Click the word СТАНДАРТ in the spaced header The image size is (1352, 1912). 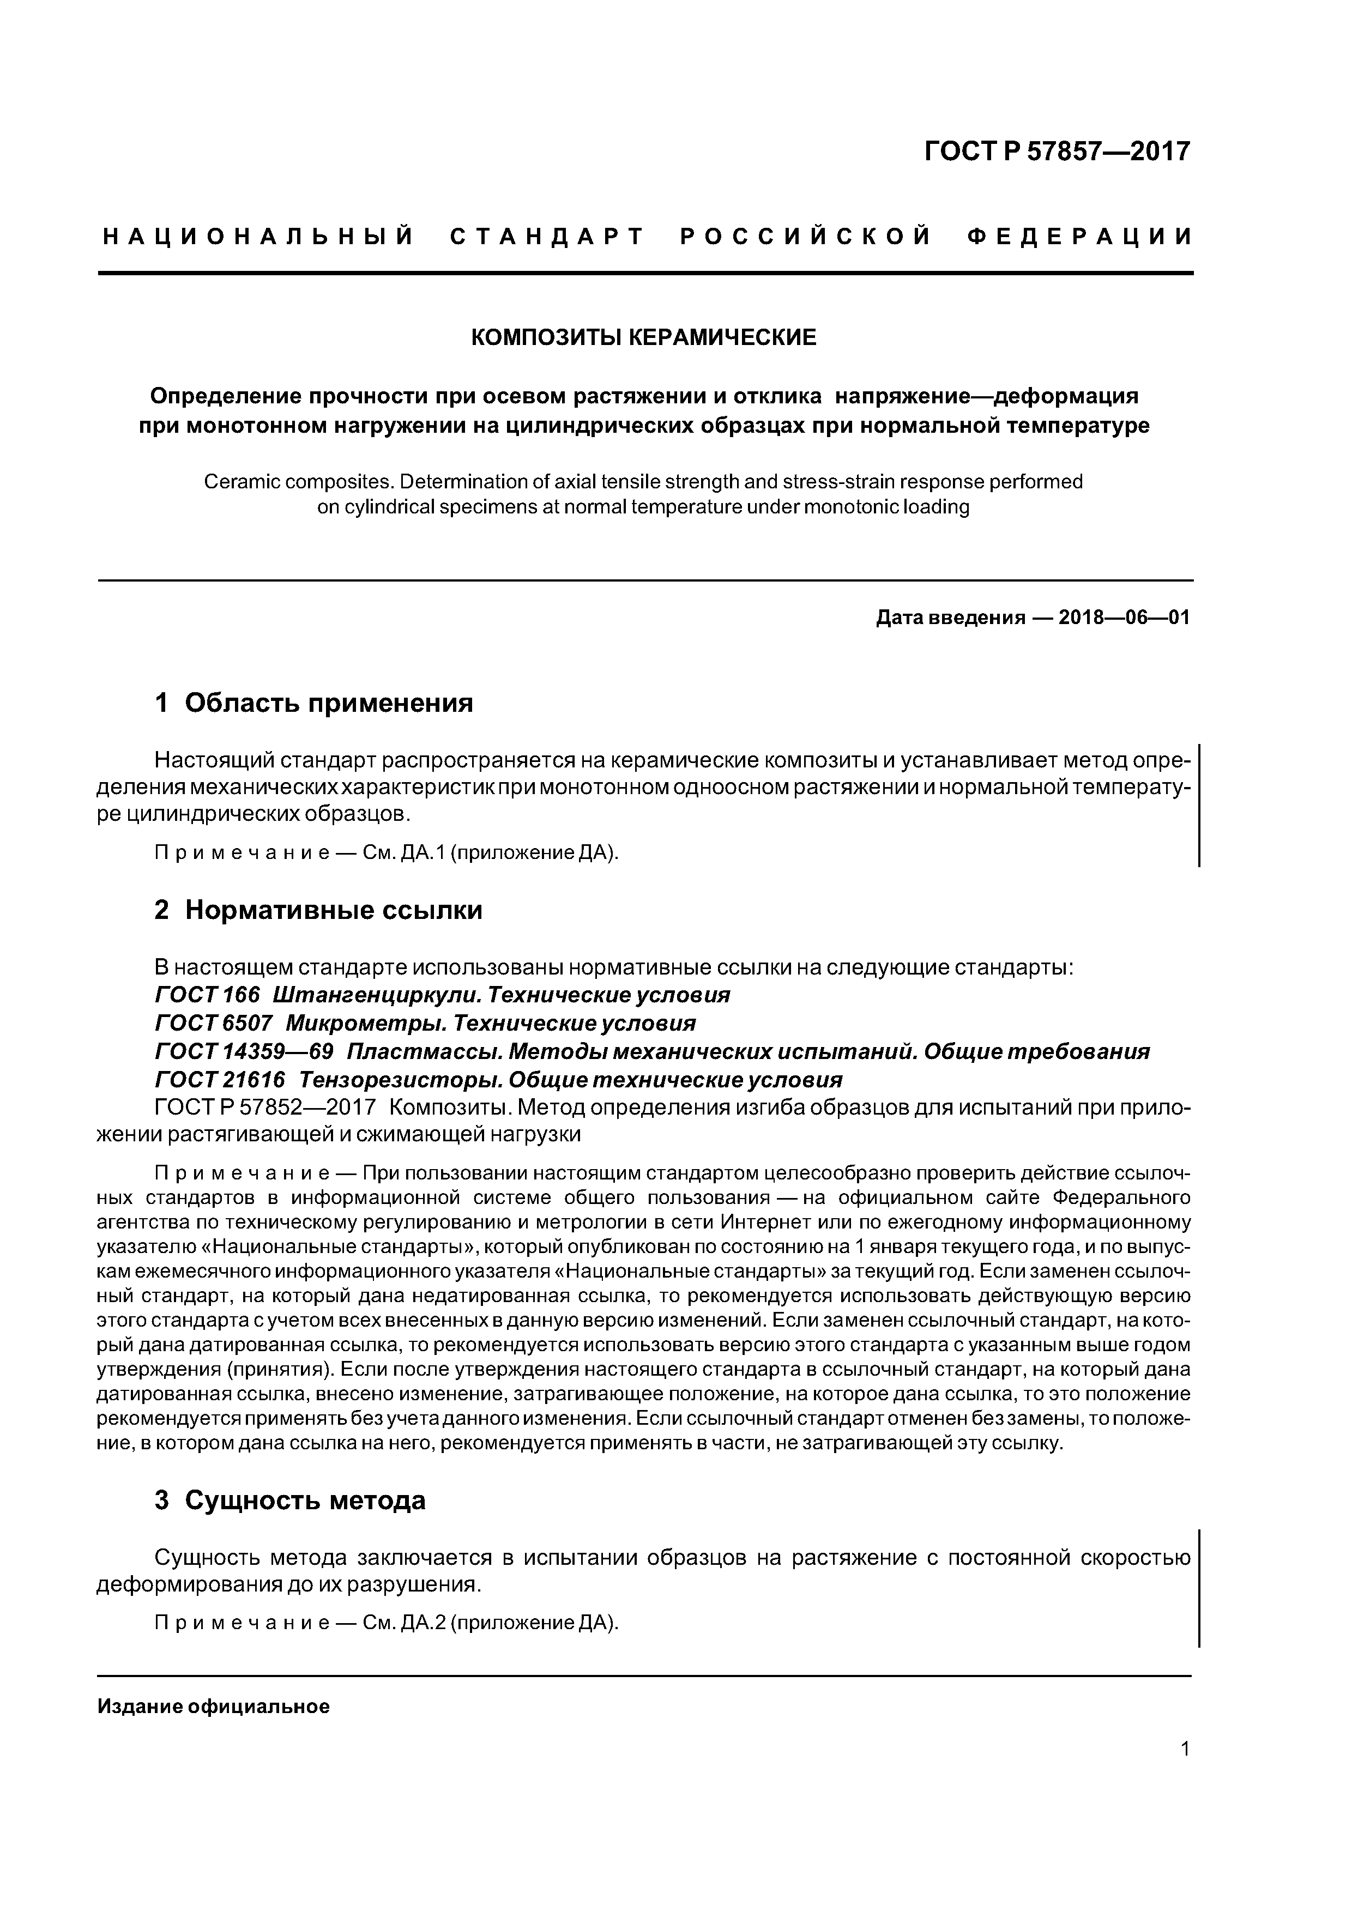(548, 237)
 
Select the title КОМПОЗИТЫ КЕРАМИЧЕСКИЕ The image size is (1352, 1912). (644, 337)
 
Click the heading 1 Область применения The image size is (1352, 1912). (313, 704)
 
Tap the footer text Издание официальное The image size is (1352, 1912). (214, 1707)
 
